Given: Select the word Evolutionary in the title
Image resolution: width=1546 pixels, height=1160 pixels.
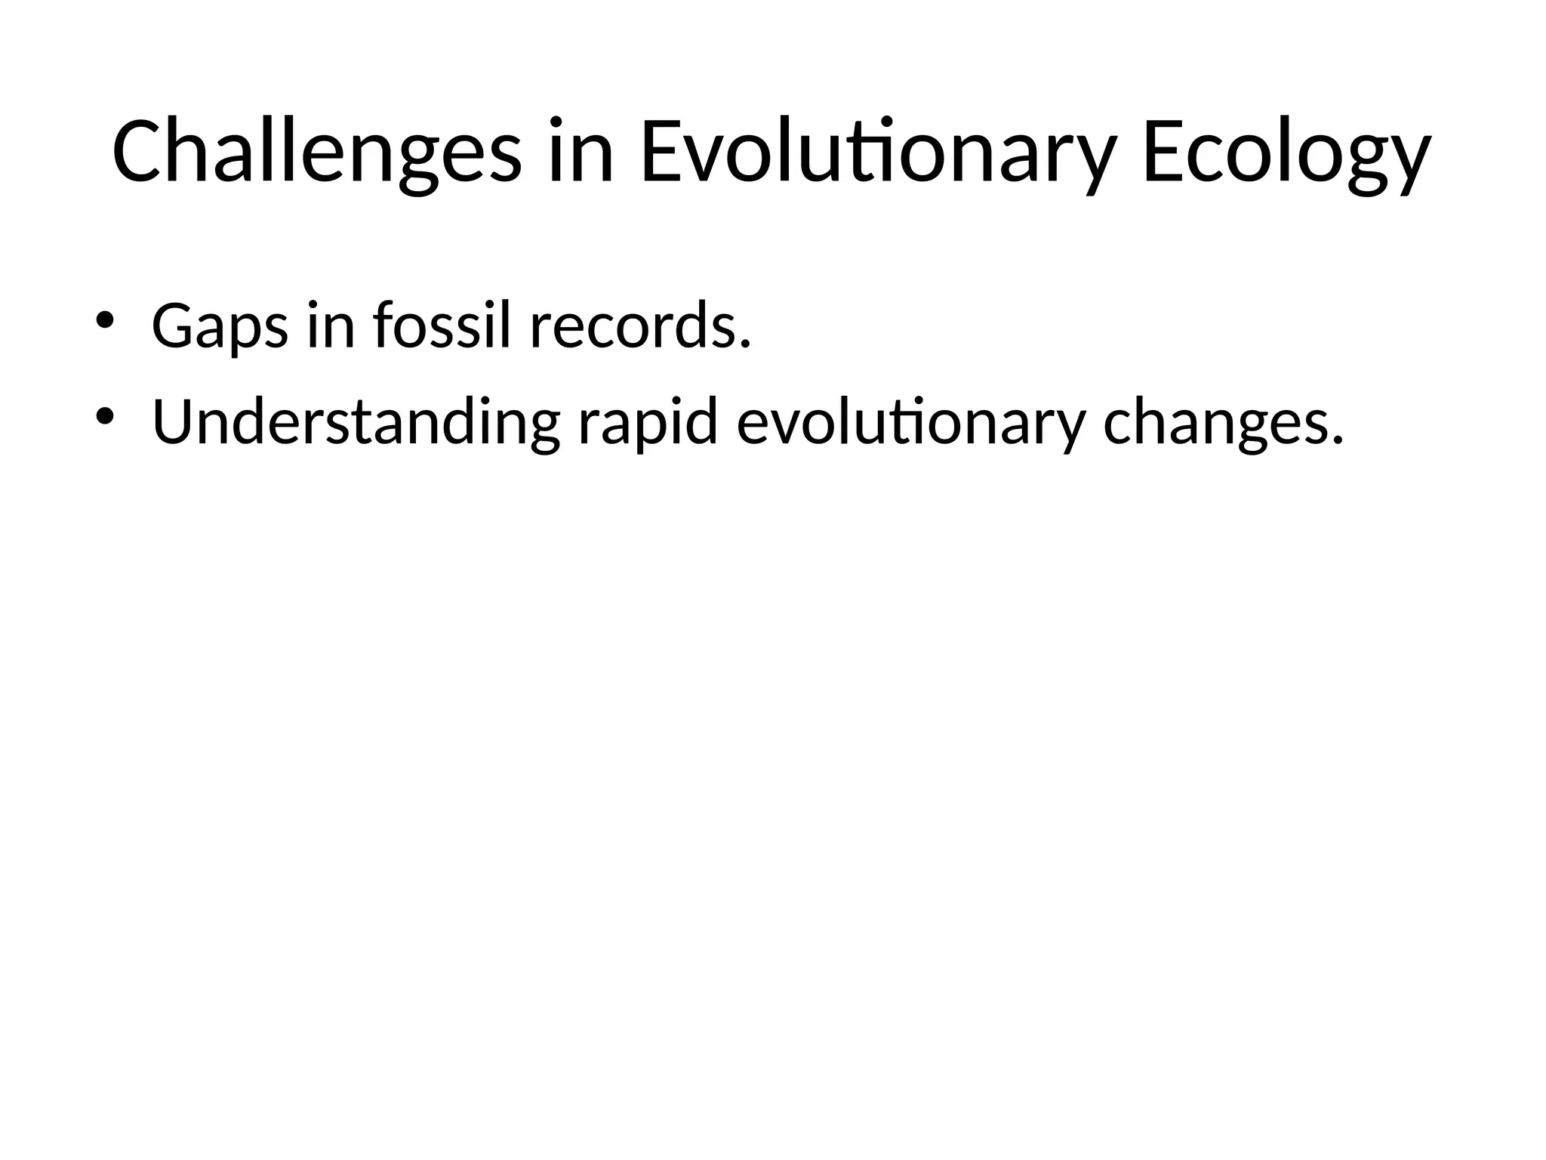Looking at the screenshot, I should [878, 152].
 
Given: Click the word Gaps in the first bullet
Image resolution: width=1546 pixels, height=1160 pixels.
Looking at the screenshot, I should [220, 326].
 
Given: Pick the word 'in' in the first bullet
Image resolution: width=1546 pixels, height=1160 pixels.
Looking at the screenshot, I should [331, 326].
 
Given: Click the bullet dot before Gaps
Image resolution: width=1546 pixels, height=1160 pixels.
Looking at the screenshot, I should [104, 319].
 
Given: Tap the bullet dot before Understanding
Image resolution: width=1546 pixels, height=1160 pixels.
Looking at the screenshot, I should [104, 415].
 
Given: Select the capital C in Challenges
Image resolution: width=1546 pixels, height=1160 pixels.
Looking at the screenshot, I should [136, 152].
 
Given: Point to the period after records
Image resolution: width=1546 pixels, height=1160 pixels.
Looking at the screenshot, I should [746, 345].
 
